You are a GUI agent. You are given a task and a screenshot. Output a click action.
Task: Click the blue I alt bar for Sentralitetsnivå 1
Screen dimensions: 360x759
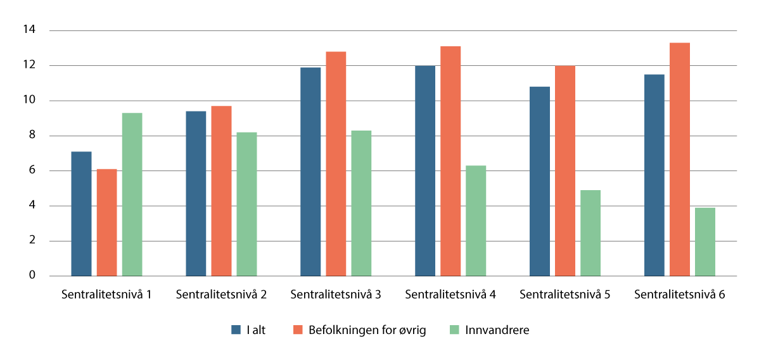pyautogui.click(x=81, y=214)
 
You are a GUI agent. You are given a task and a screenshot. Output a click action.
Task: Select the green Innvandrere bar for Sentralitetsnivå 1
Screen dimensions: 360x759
pyautogui.click(x=132, y=195)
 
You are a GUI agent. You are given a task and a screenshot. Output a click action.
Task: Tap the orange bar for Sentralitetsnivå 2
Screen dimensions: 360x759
pyautogui.click(x=221, y=191)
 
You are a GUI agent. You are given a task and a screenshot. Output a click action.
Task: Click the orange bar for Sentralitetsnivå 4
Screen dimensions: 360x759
pyautogui.click(x=450, y=161)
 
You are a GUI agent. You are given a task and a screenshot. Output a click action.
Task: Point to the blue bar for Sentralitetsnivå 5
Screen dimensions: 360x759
pyautogui.click(x=540, y=181)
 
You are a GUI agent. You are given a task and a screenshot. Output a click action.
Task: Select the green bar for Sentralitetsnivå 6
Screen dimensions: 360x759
pyautogui.click(x=705, y=241)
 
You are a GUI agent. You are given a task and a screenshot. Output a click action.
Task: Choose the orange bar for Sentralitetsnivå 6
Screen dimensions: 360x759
pyautogui.click(x=680, y=159)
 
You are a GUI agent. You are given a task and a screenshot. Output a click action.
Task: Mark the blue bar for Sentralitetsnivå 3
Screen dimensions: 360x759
pyautogui.click(x=310, y=171)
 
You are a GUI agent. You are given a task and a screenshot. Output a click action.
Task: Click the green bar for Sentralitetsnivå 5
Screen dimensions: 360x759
pyautogui.click(x=590, y=233)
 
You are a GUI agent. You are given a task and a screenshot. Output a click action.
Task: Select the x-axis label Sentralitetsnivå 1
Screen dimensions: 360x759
pyautogui.click(x=106, y=295)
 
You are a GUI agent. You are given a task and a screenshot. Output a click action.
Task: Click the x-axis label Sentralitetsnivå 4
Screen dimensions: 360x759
pyautogui.click(x=450, y=295)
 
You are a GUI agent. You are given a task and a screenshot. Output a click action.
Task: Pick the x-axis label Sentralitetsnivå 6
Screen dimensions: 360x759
pyautogui.click(x=680, y=295)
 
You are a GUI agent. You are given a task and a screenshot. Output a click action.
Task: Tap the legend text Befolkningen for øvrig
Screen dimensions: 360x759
pyautogui.click(x=367, y=330)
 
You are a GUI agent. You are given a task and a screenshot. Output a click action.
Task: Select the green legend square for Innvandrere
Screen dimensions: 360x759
pyautogui.click(x=453, y=330)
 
